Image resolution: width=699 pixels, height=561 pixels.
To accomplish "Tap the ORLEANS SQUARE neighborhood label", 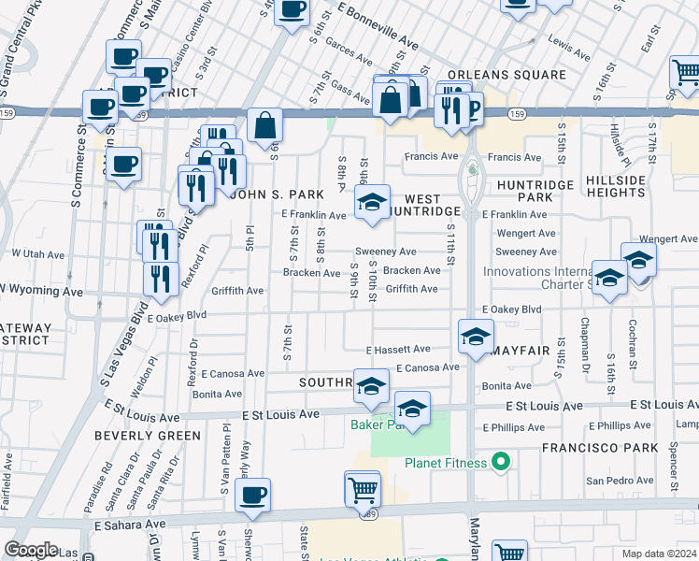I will click(506, 75).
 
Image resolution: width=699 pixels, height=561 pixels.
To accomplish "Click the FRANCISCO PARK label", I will click(602, 449).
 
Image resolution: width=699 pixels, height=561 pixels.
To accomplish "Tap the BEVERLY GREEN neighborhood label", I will click(147, 436).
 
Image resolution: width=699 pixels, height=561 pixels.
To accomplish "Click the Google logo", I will click(31, 549).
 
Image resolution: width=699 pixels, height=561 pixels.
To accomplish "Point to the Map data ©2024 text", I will click(660, 554).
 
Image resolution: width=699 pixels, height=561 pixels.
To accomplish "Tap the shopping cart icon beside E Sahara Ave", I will click(363, 487).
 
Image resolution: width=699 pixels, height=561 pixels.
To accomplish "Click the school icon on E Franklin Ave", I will click(371, 202).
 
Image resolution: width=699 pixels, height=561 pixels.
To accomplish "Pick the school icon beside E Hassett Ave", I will click(476, 336).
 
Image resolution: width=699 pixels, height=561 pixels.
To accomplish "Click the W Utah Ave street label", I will click(37, 253).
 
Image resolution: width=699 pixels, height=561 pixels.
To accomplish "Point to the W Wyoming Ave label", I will click(41, 292).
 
